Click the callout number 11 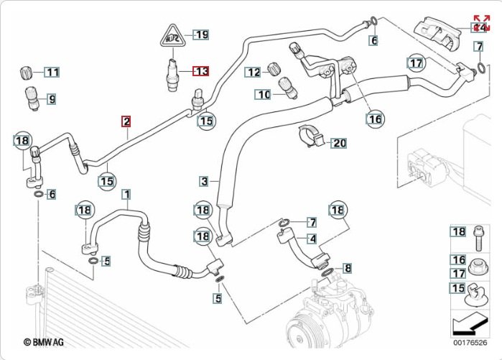coord(52,72)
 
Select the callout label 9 coord(51,98)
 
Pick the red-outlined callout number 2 coord(126,121)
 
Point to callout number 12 coord(253,72)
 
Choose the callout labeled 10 coord(263,94)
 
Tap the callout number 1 coord(126,194)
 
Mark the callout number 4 coord(312,239)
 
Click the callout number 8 coord(348,268)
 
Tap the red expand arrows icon coord(481,22)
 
